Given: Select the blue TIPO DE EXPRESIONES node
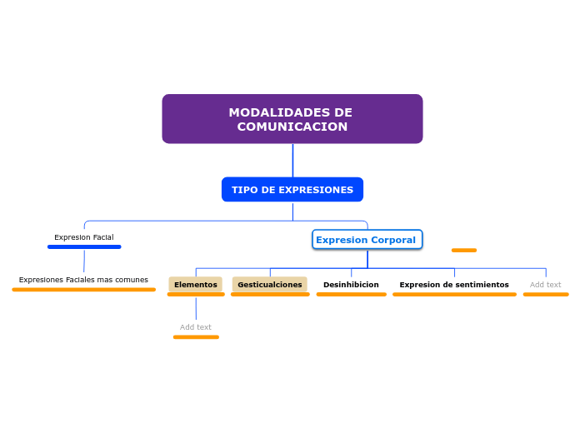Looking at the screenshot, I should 292,190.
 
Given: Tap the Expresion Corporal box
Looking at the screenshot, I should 367,240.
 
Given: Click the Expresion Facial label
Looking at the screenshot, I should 84,237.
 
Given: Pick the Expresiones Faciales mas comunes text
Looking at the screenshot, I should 83,280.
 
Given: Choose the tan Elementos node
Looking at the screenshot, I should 195,285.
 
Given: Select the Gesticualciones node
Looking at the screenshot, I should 269,285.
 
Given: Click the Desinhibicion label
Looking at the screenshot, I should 351,285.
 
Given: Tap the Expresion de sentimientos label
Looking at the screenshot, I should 454,285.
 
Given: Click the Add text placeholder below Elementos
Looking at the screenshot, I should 196,327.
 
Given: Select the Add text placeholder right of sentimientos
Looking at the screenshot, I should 546,285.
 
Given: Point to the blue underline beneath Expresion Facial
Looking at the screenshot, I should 84,246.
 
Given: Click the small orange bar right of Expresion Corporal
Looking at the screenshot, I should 464,250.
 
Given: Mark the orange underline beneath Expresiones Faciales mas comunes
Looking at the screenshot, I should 83,290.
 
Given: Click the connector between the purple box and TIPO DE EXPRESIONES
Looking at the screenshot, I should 292,161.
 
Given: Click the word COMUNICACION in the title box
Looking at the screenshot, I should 292,127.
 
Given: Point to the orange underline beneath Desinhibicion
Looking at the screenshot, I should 351,294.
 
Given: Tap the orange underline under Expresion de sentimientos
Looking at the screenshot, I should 454,294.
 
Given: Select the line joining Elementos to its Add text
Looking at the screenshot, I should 196,308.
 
